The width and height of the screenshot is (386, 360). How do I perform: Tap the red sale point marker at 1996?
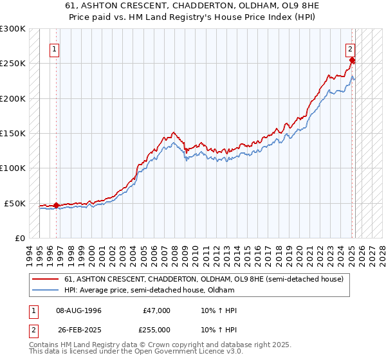(x=56, y=206)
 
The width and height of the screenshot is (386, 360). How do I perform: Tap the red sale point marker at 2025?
(x=353, y=61)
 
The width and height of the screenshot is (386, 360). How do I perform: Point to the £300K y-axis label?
(x=13, y=29)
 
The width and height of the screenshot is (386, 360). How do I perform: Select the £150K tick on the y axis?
(x=13, y=134)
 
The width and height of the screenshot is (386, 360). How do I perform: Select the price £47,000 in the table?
(x=156, y=310)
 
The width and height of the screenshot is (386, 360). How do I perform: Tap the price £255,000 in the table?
(x=156, y=329)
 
